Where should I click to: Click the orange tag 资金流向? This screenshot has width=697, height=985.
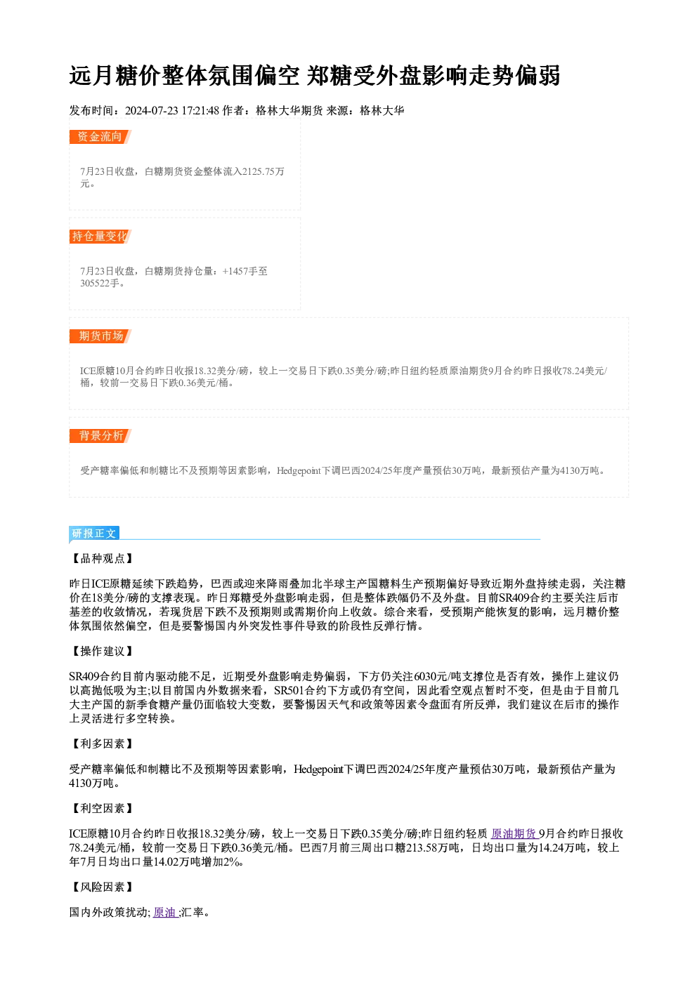point(100,137)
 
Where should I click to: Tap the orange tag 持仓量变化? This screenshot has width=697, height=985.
point(100,237)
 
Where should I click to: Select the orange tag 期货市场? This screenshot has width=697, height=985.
point(100,336)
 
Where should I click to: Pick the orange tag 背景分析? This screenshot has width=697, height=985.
point(100,436)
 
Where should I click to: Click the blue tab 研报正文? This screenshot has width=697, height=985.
point(94,534)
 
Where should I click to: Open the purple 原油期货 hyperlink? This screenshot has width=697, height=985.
point(514,834)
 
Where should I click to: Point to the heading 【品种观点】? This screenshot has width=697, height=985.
point(102,558)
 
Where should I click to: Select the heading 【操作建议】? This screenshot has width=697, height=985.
point(102,652)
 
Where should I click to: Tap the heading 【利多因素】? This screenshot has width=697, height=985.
point(102,743)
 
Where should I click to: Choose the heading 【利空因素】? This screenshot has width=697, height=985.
point(102,808)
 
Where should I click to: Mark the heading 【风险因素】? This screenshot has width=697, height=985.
point(102,887)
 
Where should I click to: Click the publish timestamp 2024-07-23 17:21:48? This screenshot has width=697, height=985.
point(172,110)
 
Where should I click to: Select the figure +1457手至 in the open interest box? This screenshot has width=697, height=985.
point(245,271)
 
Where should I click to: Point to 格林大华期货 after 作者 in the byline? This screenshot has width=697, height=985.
point(289,110)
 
